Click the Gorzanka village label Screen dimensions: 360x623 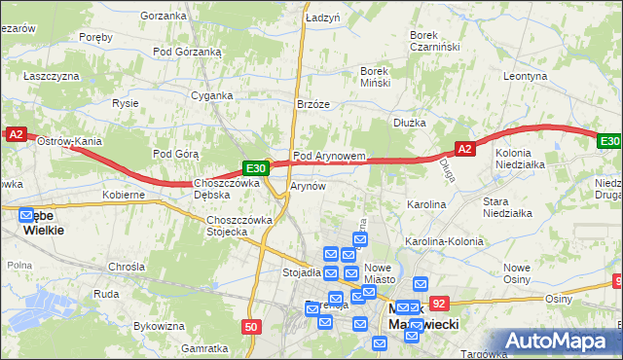point(163,16)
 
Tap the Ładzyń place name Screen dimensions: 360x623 point(321,18)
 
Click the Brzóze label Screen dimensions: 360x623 point(313,103)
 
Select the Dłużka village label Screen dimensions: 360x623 point(411,123)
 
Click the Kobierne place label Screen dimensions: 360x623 point(124,195)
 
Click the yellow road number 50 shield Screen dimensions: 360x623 point(251,327)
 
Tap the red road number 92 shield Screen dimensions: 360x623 point(439,304)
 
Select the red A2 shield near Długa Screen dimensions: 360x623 point(465,148)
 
